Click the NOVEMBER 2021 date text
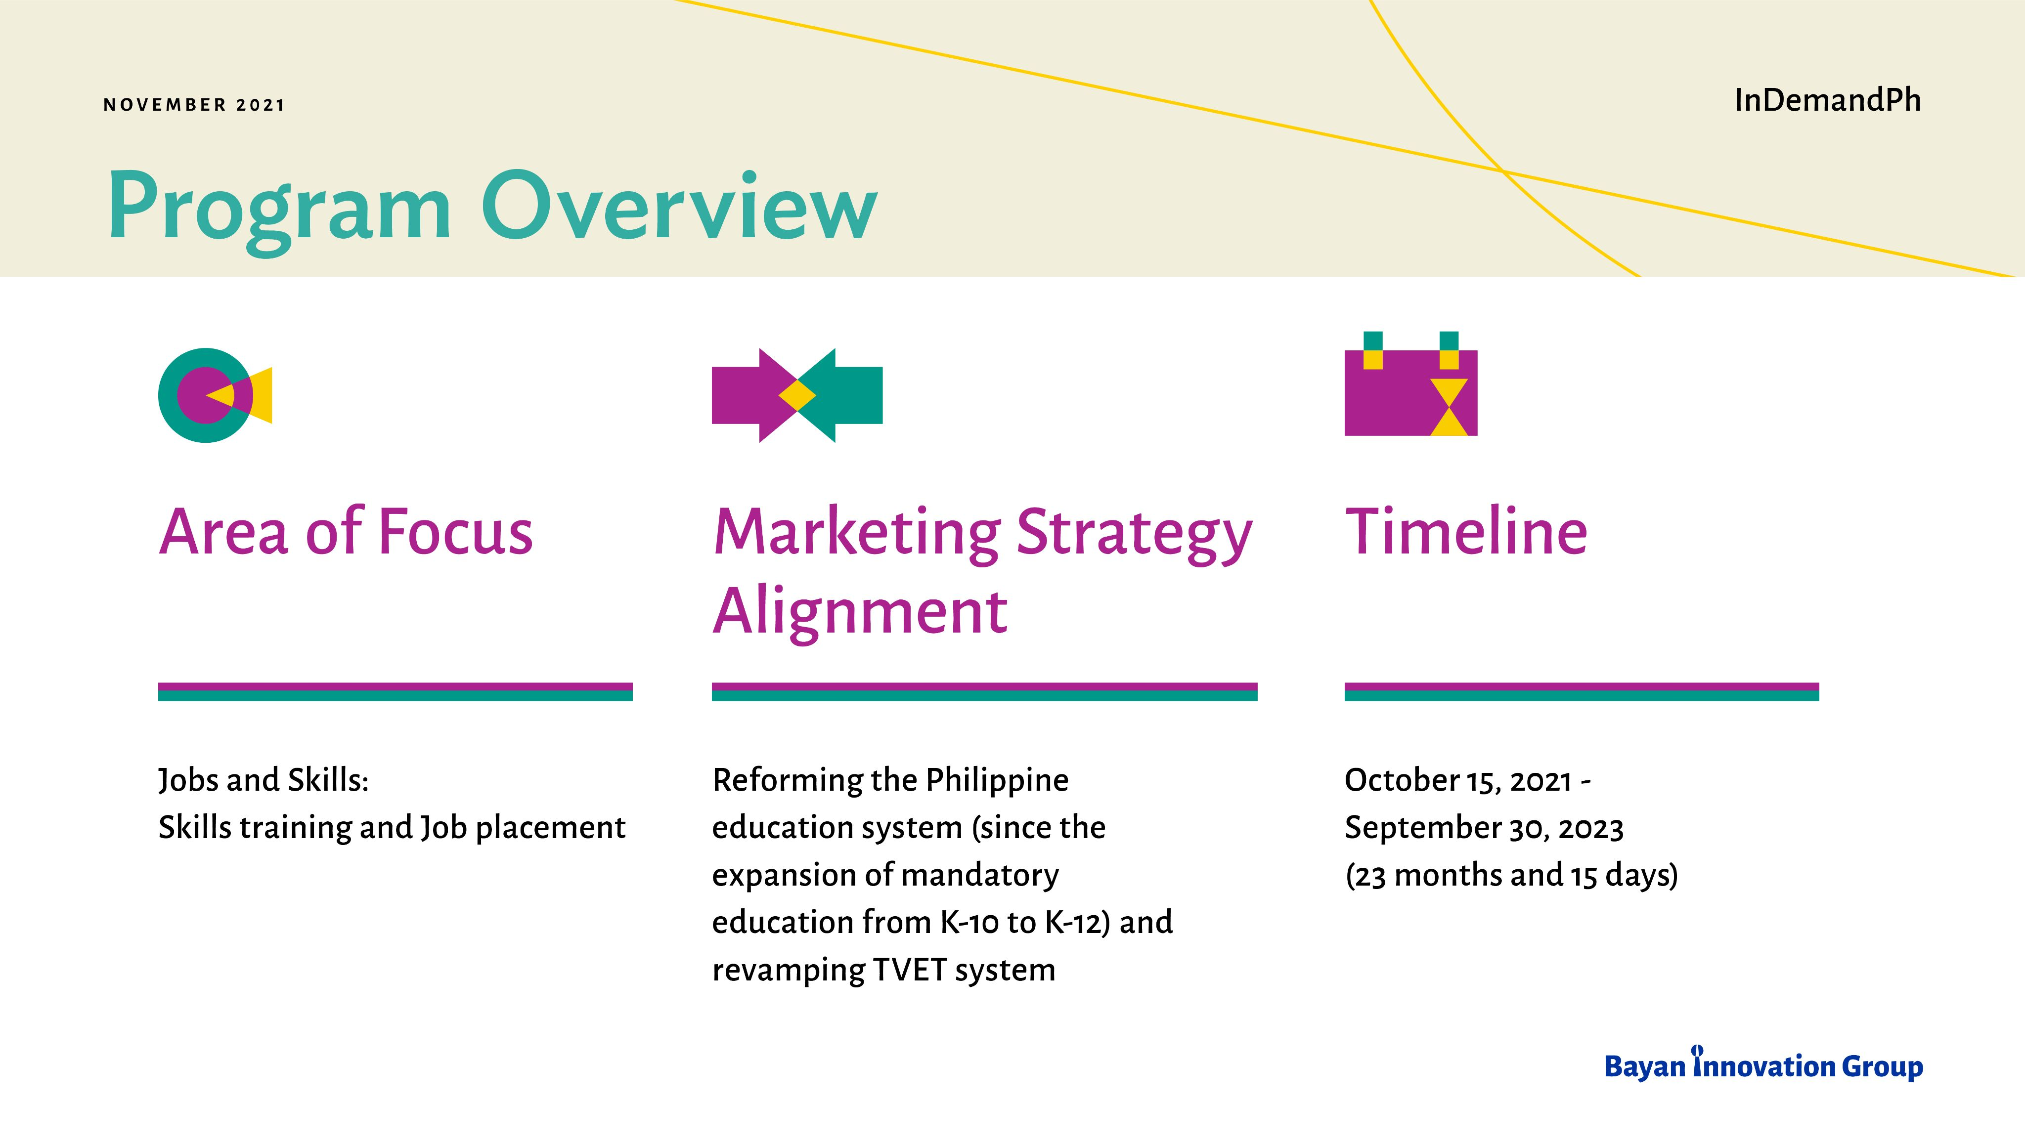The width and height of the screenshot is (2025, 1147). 194,105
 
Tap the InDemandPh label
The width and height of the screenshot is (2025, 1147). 1827,100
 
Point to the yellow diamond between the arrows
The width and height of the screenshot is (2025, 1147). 797,395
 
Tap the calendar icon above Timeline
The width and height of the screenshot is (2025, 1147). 1410,383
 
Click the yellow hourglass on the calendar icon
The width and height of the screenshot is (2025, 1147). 1449,407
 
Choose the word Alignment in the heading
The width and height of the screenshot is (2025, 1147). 860,613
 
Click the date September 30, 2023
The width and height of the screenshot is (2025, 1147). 1484,828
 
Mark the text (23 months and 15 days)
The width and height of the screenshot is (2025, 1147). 1511,875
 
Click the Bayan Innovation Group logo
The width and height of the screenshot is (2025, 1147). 1763,1064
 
